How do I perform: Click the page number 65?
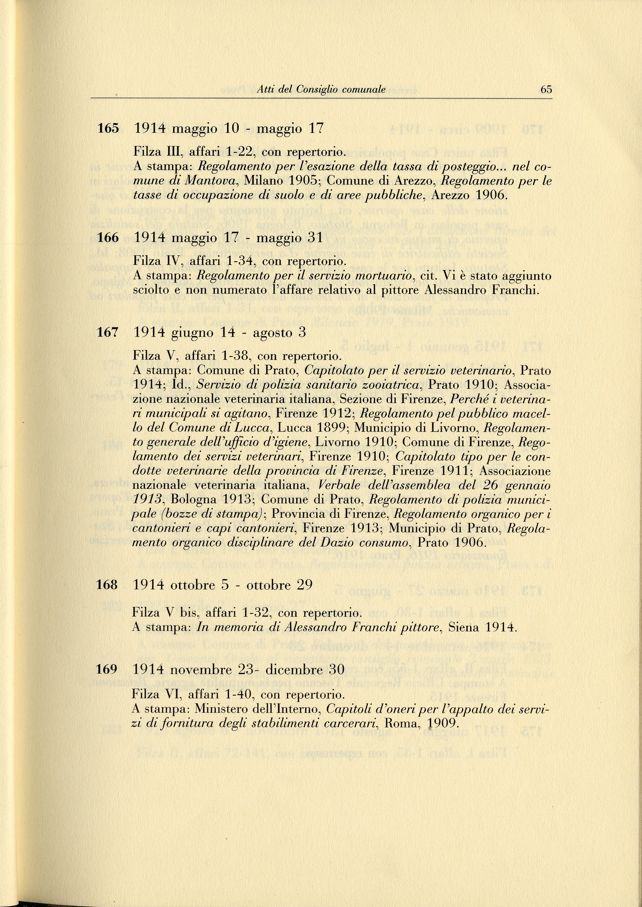click(546, 89)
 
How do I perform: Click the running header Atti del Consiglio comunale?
click(321, 90)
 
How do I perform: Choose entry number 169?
click(107, 669)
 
